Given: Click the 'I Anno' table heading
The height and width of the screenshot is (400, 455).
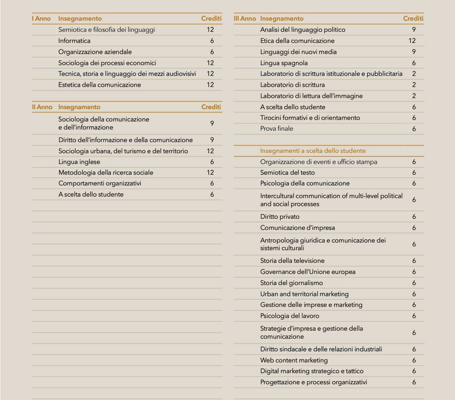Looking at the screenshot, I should [x=41, y=18].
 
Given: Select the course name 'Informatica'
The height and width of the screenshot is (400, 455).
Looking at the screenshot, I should [x=74, y=41].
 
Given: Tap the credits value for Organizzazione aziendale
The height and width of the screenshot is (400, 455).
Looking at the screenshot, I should [x=212, y=52].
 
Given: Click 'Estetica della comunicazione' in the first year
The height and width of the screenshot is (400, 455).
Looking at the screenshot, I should [x=99, y=85].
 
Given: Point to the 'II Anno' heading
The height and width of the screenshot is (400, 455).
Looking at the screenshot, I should [x=42, y=107].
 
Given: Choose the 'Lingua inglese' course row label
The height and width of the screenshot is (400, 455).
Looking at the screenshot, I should [x=79, y=162].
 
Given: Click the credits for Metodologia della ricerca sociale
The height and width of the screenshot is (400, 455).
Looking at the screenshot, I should [x=210, y=172].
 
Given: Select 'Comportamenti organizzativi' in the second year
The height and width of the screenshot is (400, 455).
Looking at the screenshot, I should [x=100, y=183].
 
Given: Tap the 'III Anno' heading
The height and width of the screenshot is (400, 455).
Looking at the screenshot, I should [x=245, y=18].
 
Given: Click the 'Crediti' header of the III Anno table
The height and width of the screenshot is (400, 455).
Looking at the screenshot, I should [x=413, y=18].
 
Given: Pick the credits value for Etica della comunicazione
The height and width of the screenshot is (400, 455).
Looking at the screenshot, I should [x=412, y=41].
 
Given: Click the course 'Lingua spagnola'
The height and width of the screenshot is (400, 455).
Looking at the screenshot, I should [x=284, y=63].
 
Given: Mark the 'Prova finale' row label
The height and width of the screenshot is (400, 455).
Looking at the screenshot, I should [x=277, y=129].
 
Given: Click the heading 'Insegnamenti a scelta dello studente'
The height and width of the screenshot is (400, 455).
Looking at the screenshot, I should [x=313, y=151].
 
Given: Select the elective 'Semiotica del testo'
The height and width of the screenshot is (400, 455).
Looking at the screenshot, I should [x=287, y=172].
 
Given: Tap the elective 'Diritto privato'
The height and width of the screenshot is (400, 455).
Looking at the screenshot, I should [x=280, y=216].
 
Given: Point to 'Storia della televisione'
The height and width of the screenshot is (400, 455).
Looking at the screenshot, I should [x=292, y=261].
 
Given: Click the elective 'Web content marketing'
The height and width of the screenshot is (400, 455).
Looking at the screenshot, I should [x=294, y=360].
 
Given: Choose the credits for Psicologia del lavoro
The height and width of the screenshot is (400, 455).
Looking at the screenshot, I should [x=414, y=316].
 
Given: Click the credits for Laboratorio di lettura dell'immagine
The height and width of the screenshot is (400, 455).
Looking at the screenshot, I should [x=414, y=96].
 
